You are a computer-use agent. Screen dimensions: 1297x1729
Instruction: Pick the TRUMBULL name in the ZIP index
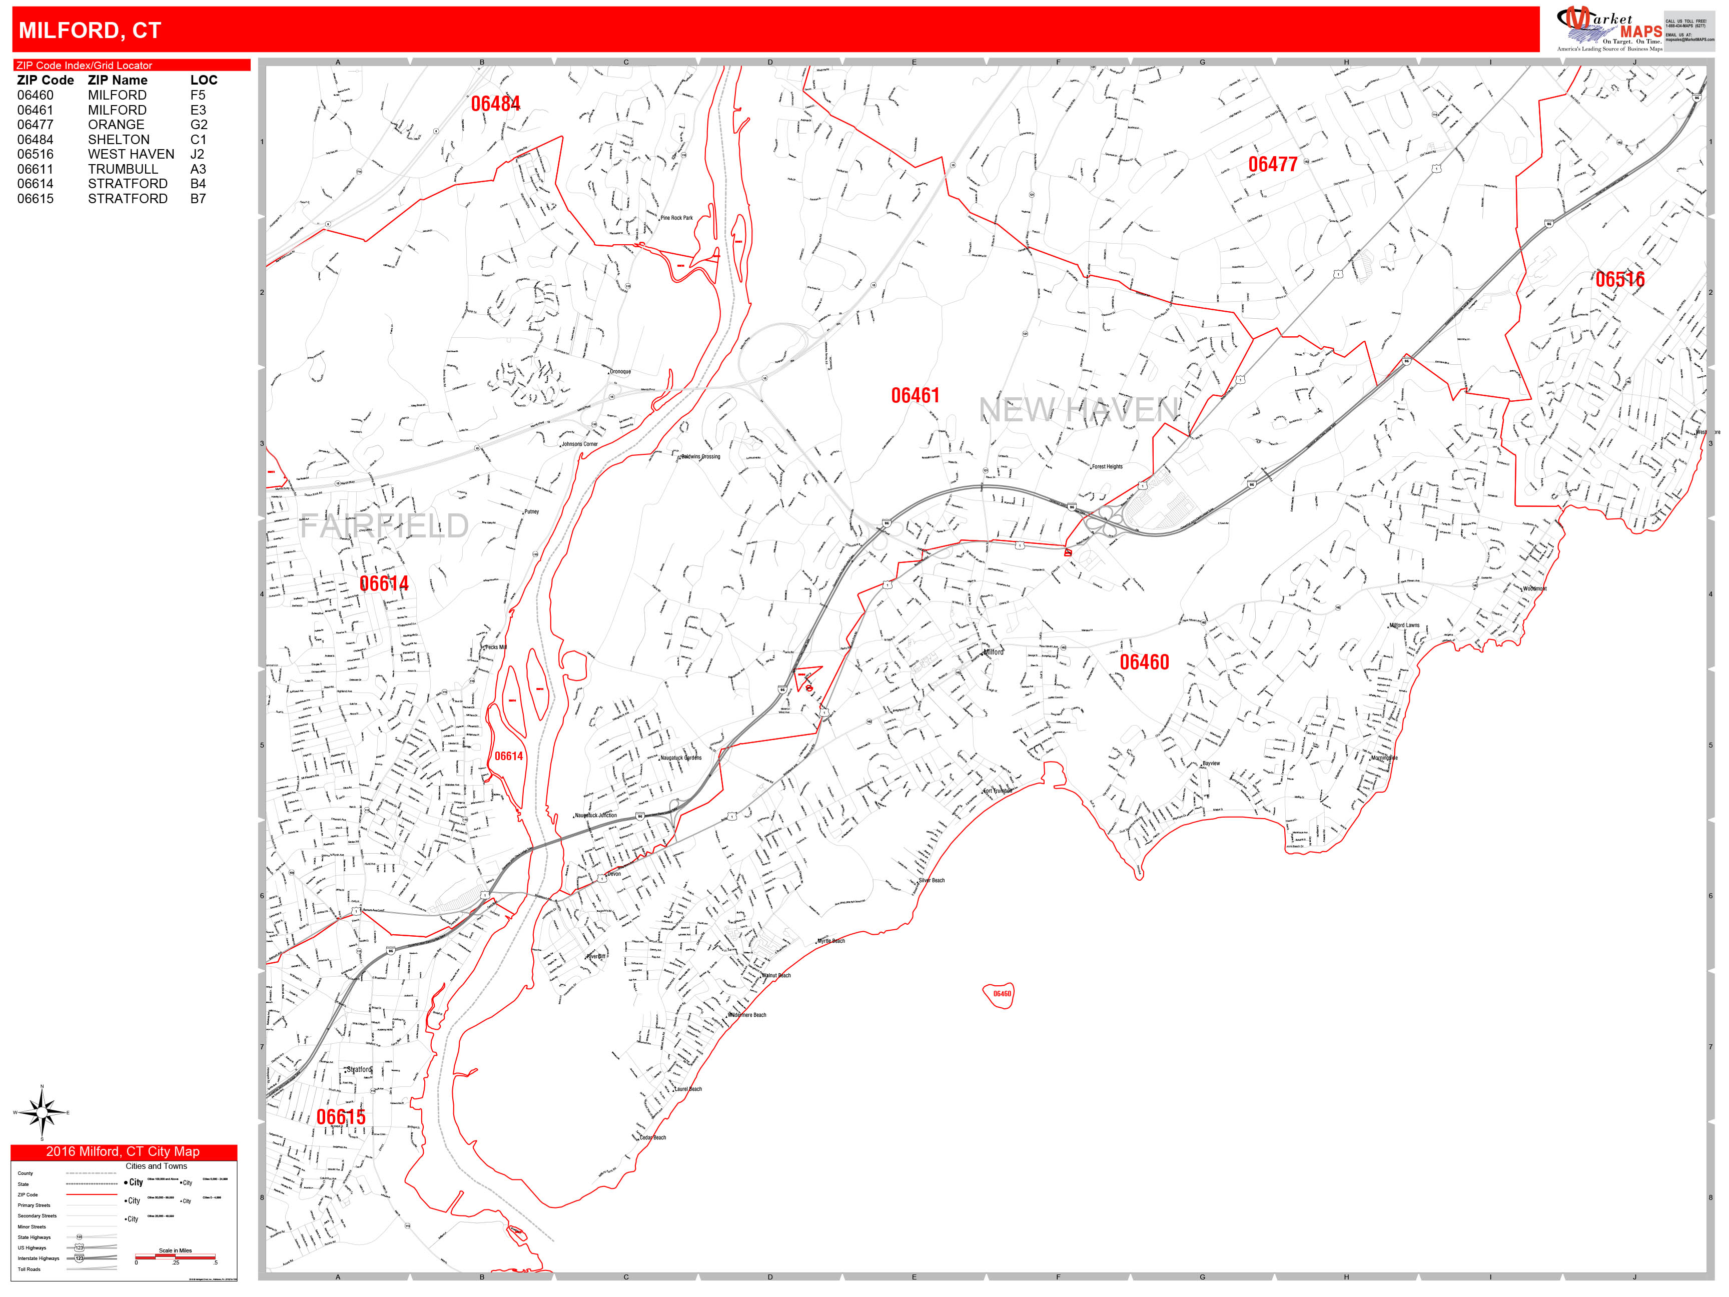coord(123,169)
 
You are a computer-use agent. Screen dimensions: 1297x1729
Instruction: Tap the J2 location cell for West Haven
coord(197,154)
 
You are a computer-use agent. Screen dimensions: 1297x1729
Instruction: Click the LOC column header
coord(203,80)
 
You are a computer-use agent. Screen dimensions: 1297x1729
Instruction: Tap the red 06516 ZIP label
coord(1619,279)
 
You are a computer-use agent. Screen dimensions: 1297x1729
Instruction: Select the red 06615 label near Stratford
coord(341,1116)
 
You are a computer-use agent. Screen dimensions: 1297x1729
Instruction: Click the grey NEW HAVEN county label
coord(1079,410)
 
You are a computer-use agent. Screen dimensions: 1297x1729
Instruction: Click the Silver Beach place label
coord(932,880)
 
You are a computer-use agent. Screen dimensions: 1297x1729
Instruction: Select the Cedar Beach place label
coord(653,1137)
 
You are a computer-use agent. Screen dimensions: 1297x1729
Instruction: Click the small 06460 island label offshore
coord(1001,994)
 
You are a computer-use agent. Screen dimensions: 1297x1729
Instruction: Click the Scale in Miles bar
coord(175,1257)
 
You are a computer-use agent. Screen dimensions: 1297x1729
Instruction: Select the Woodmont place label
coord(1534,588)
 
